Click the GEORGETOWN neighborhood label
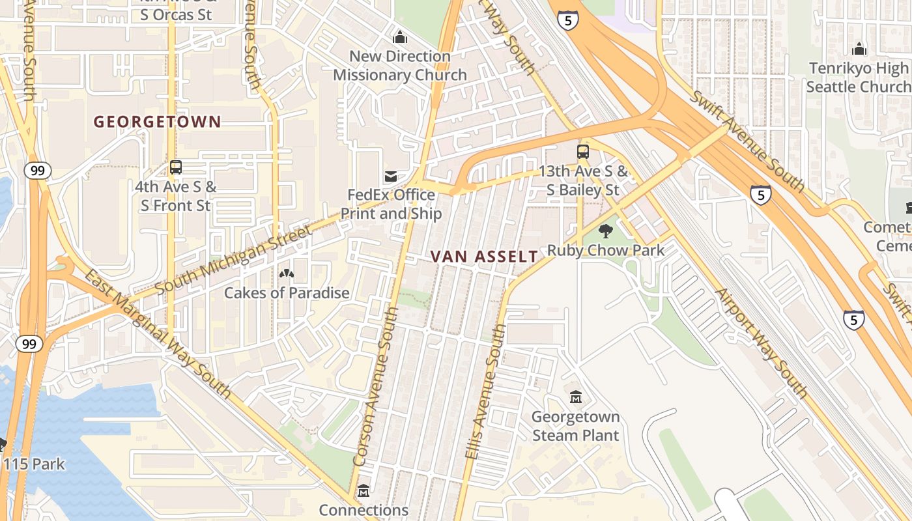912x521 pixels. [x=157, y=122]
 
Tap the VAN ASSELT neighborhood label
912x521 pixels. [x=485, y=257]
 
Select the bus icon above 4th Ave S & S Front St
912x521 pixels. [x=176, y=167]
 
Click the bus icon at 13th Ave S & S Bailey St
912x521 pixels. [x=583, y=152]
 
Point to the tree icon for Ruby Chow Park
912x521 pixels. [x=606, y=231]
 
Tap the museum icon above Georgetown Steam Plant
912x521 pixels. [x=576, y=397]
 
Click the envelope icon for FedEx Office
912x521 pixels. [x=391, y=176]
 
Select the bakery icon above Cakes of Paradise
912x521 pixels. [x=286, y=274]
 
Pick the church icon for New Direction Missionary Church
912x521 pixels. [x=400, y=37]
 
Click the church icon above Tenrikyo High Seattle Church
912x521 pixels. [x=859, y=49]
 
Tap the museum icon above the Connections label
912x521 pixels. [x=363, y=490]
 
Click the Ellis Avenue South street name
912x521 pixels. [x=486, y=393]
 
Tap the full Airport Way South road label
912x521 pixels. [x=762, y=343]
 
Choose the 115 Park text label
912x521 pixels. [x=34, y=464]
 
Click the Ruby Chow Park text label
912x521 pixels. [x=606, y=250]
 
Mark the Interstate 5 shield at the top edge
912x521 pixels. [x=567, y=20]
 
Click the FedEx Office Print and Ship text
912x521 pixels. [x=392, y=204]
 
